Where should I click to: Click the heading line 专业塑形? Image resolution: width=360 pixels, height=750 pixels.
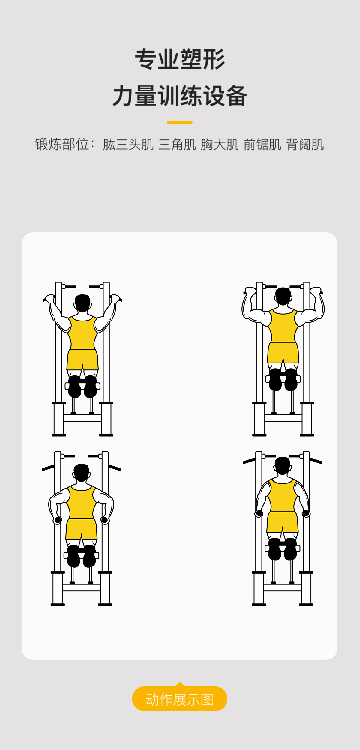coord(180,59)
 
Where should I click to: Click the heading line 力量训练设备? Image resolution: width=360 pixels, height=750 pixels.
coord(180,96)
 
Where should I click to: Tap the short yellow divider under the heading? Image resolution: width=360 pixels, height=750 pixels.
coord(180,122)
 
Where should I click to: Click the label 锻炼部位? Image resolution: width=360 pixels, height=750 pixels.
coord(62,144)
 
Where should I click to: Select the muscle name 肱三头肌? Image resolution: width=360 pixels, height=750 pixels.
coord(128,145)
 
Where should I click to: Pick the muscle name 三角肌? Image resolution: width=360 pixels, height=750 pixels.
coord(177,145)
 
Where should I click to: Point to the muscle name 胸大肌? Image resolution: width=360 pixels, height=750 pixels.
coord(220,145)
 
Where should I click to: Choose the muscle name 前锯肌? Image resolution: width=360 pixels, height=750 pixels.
coord(262,145)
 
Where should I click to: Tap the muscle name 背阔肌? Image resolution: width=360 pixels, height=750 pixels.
coord(305,145)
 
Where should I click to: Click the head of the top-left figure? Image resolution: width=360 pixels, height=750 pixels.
coord(82,303)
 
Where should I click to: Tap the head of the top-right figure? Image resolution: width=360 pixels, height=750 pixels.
coord(283,296)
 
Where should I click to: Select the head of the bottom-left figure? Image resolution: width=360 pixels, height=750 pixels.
coord(81,473)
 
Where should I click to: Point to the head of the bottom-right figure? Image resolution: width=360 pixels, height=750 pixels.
coord(283,466)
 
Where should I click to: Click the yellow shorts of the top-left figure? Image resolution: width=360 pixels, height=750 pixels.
coord(82,359)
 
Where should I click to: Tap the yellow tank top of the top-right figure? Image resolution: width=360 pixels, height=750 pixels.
coord(283,326)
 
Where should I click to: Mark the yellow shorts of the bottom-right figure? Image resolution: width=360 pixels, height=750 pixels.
coord(283,522)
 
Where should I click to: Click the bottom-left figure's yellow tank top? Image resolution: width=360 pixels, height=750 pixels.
coord(81,502)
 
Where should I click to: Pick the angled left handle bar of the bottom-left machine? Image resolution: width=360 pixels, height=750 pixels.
coord(48,468)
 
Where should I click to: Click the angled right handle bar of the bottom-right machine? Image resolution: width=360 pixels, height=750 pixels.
coord(316,461)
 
